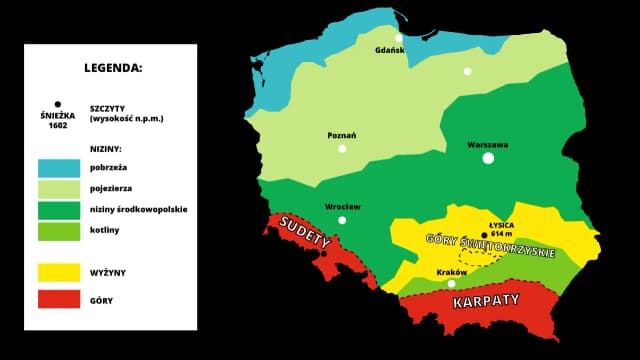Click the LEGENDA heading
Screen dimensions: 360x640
[113, 69]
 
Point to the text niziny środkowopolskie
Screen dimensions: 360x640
[139, 209]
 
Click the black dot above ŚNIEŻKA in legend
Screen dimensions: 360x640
[58, 103]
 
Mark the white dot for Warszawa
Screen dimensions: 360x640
[488, 158]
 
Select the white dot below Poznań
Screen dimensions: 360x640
[342, 148]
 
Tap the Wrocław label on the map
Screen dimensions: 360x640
[342, 206]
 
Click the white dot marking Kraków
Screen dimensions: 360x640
[451, 283]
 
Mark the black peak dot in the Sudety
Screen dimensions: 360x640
[323, 254]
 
